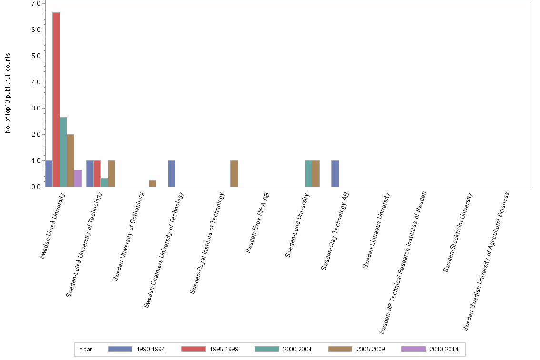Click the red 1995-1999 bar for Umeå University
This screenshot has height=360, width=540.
point(56,100)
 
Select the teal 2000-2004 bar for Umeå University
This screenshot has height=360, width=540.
point(63,152)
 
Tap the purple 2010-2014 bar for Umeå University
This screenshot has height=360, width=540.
point(78,178)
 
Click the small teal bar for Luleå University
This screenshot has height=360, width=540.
point(104,182)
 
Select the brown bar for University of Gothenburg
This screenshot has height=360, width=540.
point(152,184)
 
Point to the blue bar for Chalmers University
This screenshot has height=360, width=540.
point(171,174)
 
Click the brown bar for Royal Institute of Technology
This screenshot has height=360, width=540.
point(234,174)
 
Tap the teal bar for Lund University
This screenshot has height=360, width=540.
point(309,174)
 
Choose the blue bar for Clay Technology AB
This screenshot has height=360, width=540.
point(335,174)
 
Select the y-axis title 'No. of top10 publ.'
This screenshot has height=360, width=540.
point(8,93)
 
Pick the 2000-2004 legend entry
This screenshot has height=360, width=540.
point(296,349)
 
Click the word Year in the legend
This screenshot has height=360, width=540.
point(86,349)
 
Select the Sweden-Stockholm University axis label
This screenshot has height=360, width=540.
point(458,232)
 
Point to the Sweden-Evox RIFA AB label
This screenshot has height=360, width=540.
point(258,222)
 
